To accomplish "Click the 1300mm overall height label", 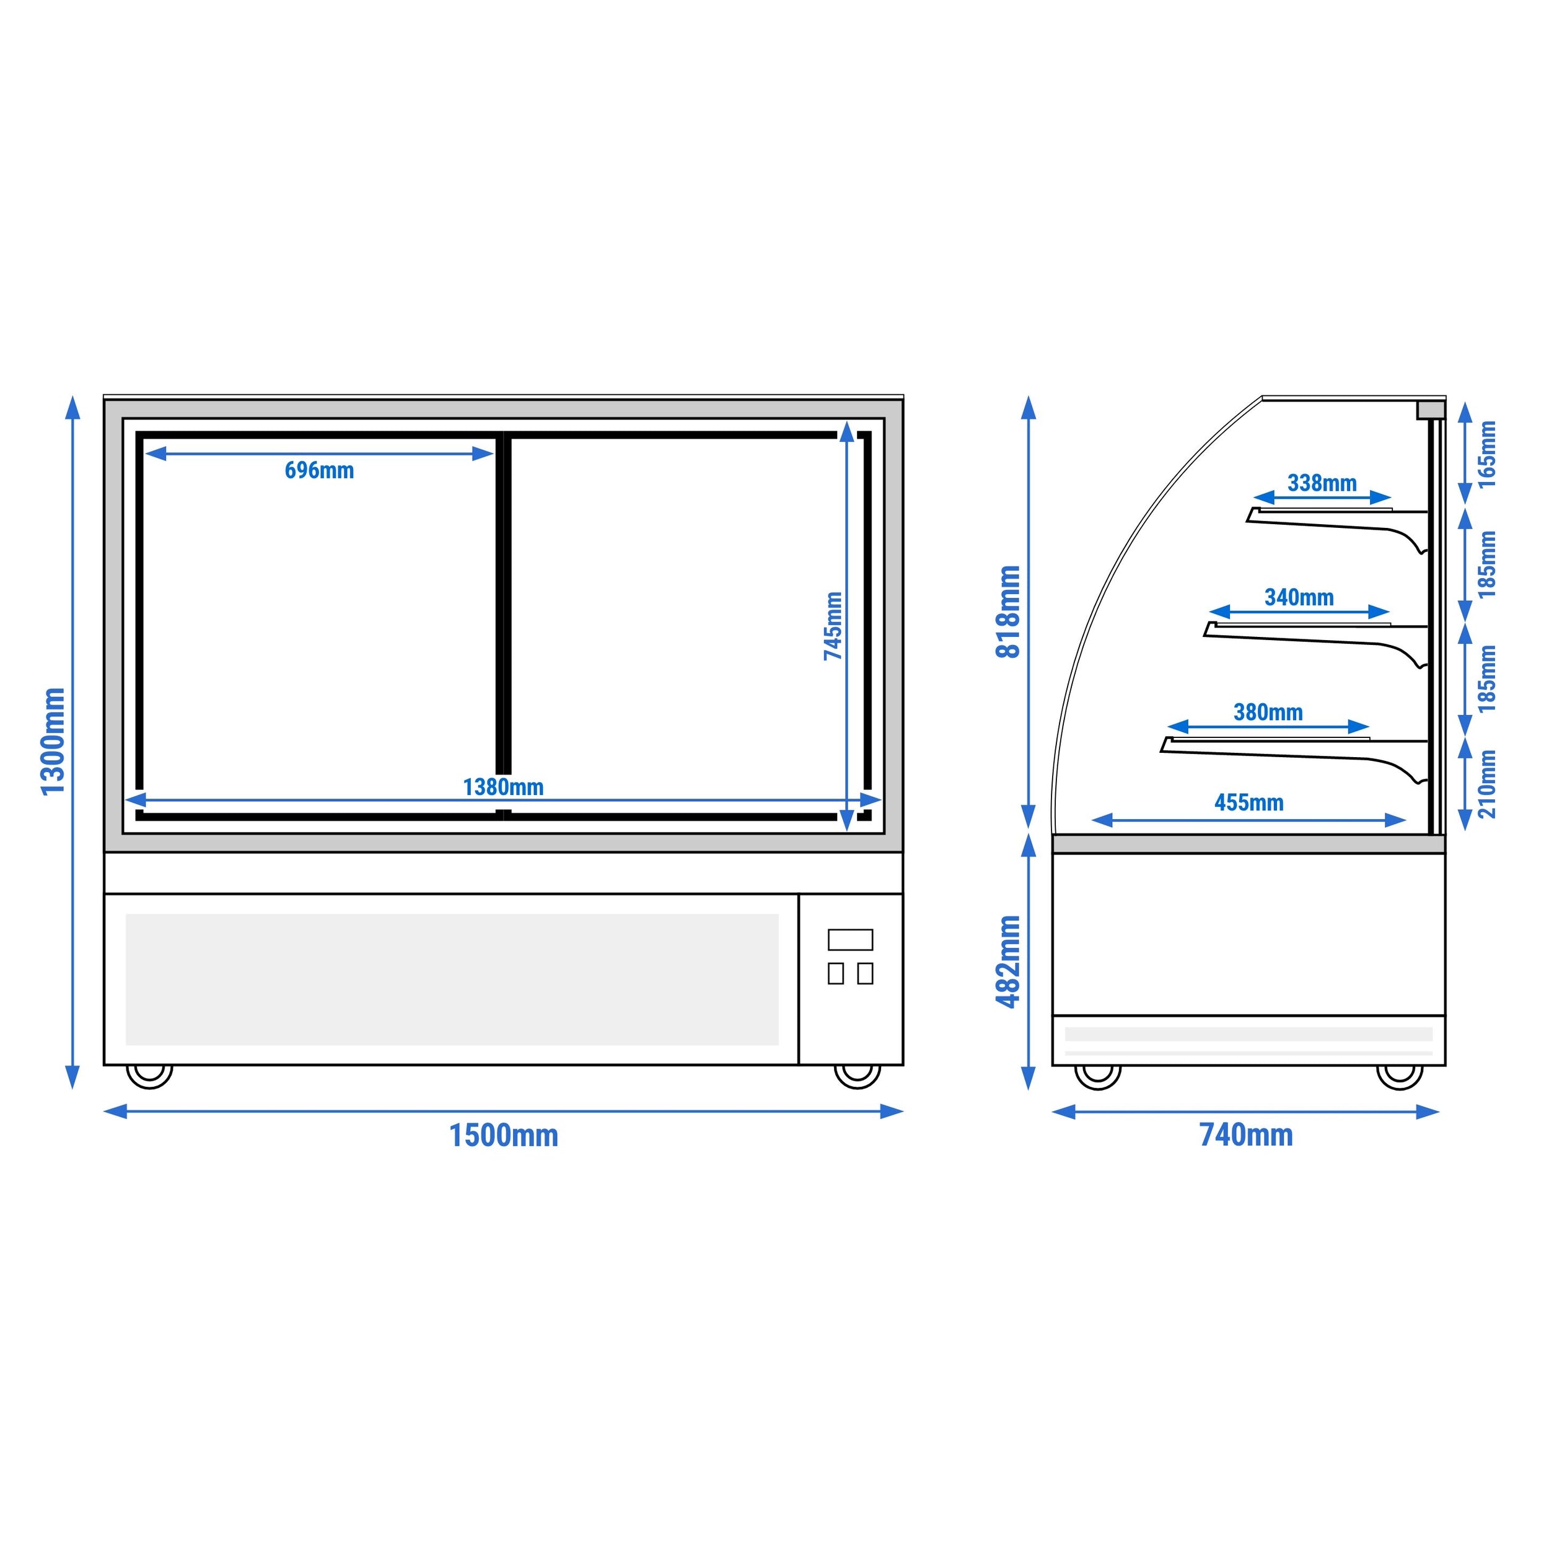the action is click(53, 742).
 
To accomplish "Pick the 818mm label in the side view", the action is click(1008, 612).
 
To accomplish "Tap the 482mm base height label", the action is click(1008, 962).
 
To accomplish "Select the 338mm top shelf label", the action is click(1322, 483).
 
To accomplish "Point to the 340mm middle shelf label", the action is click(1299, 597).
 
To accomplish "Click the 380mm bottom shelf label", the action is click(1268, 712).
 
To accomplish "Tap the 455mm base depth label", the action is click(1249, 802).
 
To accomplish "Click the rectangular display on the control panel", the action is click(850, 940).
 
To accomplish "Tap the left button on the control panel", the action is click(835, 973).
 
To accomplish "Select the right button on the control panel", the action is click(865, 973).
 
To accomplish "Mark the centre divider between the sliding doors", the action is click(504, 625).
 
